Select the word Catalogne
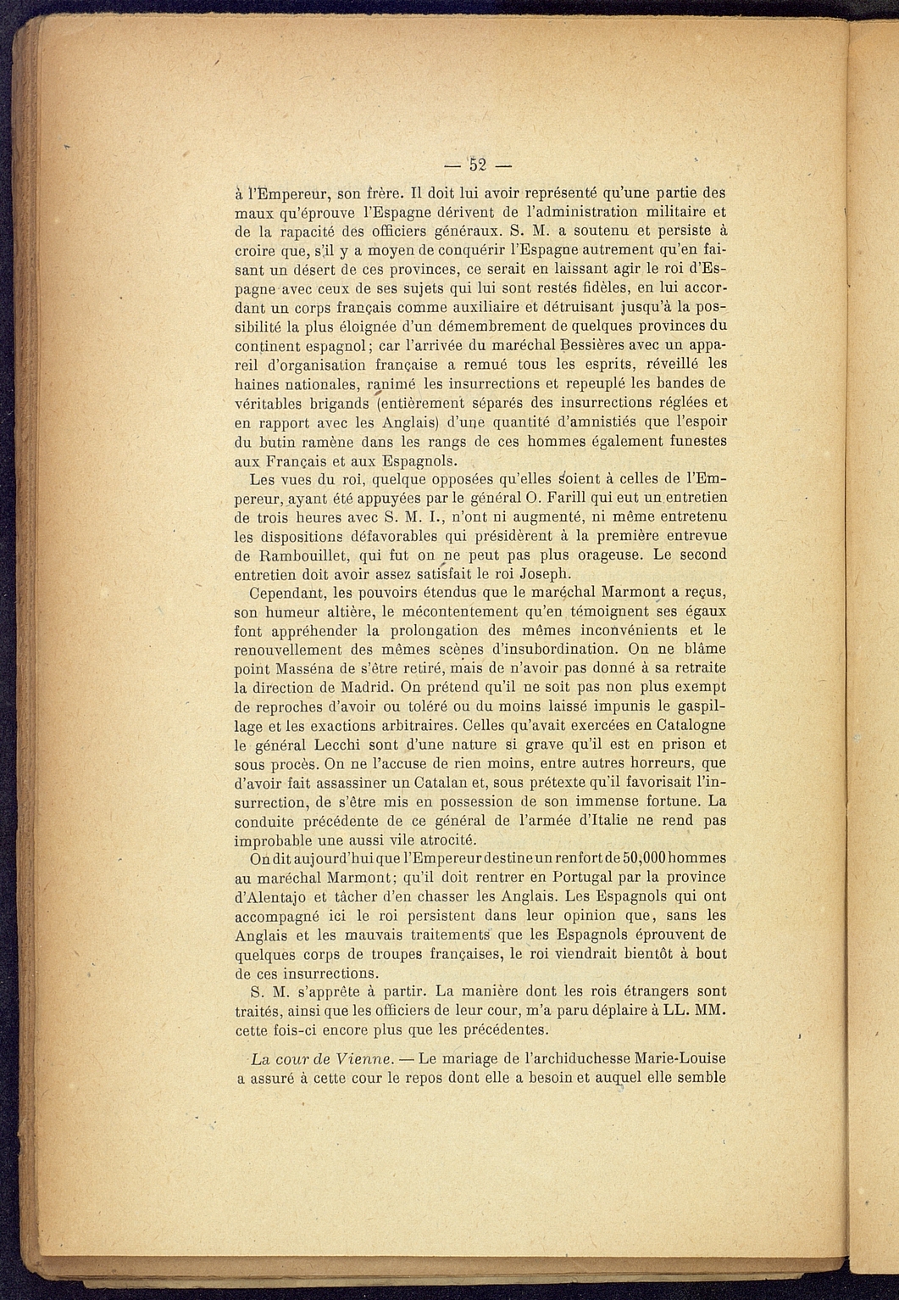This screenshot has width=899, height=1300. pos(683,725)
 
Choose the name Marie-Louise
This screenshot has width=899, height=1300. pos(673,1059)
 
